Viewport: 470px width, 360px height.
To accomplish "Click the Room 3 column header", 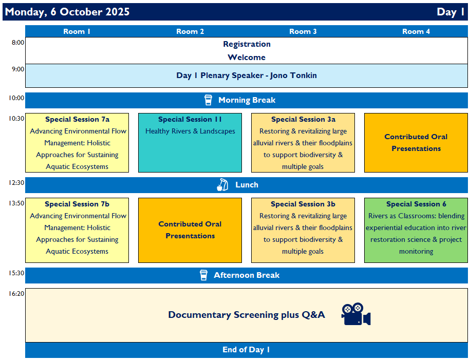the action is click(303, 31).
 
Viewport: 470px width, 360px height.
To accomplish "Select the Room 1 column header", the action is click(77, 31).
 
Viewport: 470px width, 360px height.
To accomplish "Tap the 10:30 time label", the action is click(16, 119).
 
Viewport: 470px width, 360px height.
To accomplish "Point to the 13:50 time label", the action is click(16, 203).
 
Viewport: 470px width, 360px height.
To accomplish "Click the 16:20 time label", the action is click(16, 293).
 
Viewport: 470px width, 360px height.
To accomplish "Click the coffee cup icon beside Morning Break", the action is click(208, 100).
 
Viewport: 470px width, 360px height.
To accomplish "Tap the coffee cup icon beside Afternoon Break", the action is click(203, 275).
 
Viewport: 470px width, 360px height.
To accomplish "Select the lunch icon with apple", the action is click(222, 185).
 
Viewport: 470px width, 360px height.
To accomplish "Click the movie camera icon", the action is click(356, 314).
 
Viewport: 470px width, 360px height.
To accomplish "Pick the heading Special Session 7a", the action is click(78, 119).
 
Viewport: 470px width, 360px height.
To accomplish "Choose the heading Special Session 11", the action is click(190, 119).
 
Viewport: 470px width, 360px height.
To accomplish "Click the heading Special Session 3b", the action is click(303, 204).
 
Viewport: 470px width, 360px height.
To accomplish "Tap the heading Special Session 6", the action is click(416, 204).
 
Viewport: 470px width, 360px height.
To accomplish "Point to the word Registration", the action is click(247, 44).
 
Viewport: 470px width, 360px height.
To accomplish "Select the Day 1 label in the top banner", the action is click(450, 12).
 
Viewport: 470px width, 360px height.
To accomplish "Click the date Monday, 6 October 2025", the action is click(67, 12).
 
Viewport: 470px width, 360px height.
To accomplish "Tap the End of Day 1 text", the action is click(246, 350).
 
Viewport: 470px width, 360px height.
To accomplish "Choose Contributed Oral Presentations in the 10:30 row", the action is click(416, 142).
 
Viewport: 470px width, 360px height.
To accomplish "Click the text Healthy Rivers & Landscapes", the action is click(190, 131).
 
